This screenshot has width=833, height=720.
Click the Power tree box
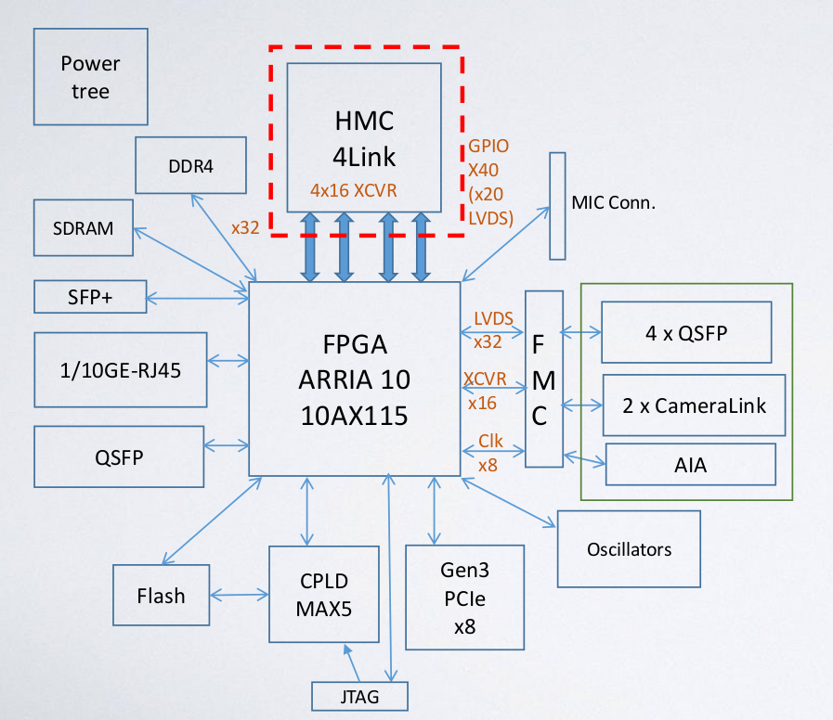click(91, 77)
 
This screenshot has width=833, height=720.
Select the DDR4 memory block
click(190, 166)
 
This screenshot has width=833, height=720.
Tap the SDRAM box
click(84, 227)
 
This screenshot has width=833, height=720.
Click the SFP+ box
click(90, 297)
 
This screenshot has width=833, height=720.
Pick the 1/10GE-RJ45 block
click(121, 369)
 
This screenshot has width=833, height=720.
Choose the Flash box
click(162, 596)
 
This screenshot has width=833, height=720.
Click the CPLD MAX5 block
click(324, 595)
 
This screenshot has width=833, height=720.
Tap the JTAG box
click(358, 696)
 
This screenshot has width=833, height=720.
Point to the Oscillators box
click(629, 549)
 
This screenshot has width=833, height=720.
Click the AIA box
click(690, 465)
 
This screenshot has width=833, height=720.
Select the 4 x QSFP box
click(686, 331)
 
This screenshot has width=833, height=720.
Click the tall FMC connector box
click(544, 379)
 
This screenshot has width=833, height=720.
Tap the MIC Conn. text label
click(614, 202)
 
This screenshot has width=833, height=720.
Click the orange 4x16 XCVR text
click(354, 189)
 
